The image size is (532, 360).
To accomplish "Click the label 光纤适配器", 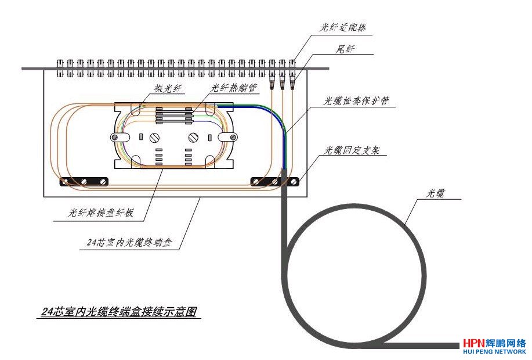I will pyautogui.click(x=342, y=27).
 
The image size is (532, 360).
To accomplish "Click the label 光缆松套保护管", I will pyautogui.click(x=356, y=100).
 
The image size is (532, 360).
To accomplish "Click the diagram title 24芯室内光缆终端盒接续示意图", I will pyautogui.click(x=120, y=312).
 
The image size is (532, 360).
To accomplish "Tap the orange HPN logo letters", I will pyautogui.click(x=475, y=344).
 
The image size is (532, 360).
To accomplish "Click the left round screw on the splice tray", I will pyautogui.click(x=154, y=138).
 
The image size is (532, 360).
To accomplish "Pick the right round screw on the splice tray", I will pyautogui.click(x=193, y=138).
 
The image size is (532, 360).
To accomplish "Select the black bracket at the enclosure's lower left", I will pyautogui.click(x=85, y=182).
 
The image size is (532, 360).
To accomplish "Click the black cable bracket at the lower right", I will pyautogui.click(x=276, y=182).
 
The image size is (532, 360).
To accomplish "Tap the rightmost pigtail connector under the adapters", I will pyautogui.click(x=291, y=83).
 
